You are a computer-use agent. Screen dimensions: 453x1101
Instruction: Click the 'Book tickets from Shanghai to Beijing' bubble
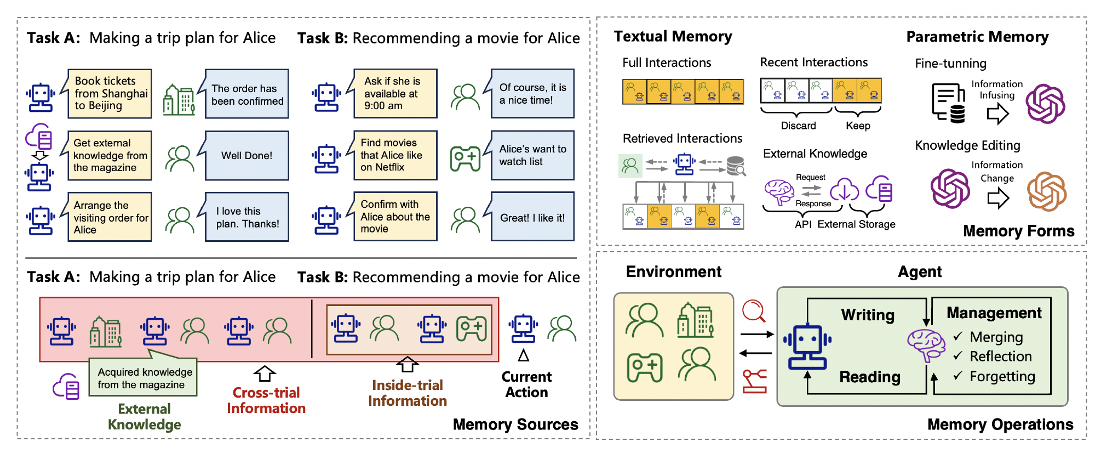[110, 93]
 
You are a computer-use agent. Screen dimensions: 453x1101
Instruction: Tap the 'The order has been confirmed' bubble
[247, 94]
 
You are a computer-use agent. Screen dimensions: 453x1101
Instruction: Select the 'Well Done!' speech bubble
[246, 156]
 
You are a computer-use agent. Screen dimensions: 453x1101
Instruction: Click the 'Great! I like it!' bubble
[532, 218]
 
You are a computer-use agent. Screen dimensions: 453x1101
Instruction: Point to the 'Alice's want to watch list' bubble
[532, 155]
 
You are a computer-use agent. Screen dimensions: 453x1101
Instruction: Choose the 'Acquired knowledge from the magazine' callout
[143, 378]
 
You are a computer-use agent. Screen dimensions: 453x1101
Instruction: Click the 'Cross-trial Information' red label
[266, 400]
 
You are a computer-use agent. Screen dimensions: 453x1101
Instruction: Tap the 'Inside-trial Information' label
[408, 393]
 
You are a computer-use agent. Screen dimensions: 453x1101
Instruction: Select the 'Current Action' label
[526, 384]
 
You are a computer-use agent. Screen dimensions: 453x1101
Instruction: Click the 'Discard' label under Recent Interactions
[798, 126]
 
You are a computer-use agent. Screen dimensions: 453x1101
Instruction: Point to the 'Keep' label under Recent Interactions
[858, 126]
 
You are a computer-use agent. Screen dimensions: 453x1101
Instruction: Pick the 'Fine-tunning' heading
[950, 64]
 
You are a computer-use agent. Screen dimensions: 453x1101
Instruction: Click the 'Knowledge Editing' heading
[967, 145]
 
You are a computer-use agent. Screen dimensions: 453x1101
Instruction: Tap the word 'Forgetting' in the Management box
[1002, 376]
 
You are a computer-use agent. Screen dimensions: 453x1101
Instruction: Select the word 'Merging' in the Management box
[996, 337]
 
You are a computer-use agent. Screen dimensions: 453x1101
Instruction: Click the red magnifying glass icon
[754, 311]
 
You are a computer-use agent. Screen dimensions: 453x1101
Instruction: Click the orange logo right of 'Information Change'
[1047, 191]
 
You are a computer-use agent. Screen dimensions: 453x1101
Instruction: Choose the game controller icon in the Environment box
[645, 367]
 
